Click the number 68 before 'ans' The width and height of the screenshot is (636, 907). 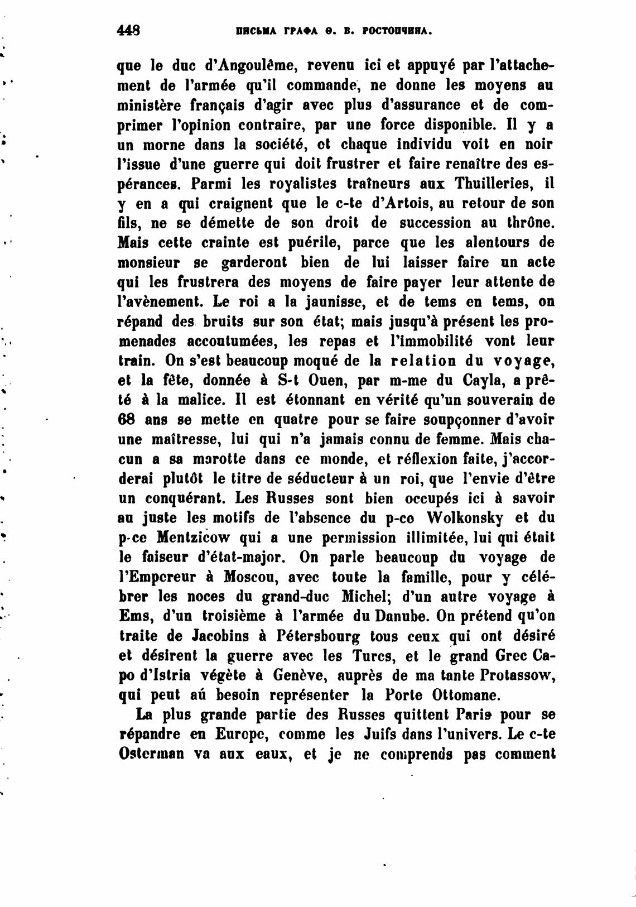128,419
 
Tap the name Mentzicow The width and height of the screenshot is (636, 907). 193,538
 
